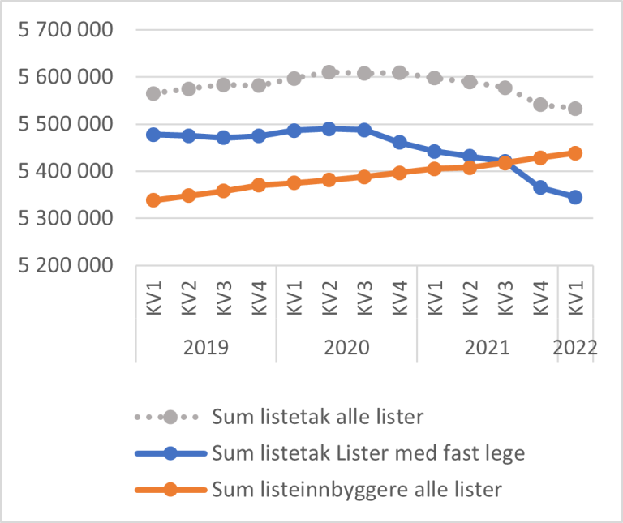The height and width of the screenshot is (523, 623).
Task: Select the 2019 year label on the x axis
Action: coord(206,348)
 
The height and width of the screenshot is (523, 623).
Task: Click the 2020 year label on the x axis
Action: coord(346,348)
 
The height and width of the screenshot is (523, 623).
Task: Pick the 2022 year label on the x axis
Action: coord(575,348)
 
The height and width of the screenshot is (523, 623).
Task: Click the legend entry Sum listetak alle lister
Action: coord(316,418)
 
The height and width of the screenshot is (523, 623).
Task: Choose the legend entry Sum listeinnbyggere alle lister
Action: coord(357,489)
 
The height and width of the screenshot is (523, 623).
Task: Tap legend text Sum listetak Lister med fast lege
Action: coord(367,453)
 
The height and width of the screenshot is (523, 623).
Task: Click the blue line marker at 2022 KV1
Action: coord(575,197)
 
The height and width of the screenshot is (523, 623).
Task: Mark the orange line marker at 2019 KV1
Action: coord(153,199)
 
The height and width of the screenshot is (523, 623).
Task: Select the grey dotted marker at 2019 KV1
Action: coord(153,93)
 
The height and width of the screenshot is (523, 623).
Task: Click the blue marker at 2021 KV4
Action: coord(540,187)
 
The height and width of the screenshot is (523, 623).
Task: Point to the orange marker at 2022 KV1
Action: coord(575,153)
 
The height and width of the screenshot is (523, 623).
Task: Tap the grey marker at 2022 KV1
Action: coord(575,109)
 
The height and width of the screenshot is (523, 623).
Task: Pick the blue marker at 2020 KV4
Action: coord(399,142)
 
